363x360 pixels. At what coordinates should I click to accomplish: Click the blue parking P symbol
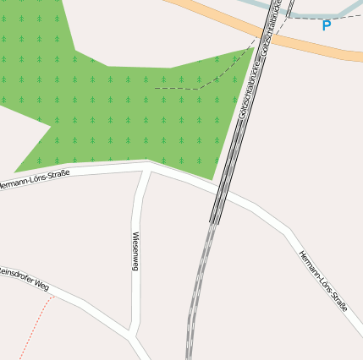327,25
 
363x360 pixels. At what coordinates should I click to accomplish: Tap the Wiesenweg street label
135,251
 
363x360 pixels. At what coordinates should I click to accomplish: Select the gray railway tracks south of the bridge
197,287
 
